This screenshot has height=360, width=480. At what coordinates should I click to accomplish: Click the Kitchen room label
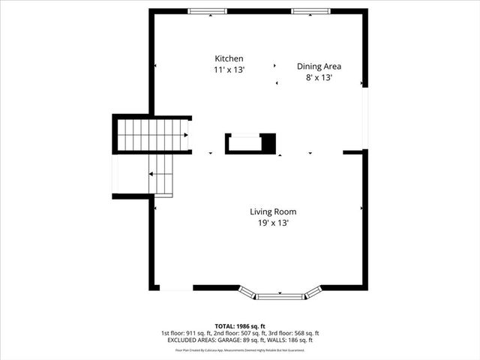(229, 58)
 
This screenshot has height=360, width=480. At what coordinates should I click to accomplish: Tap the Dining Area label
(319, 66)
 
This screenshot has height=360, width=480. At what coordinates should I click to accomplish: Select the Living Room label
(269, 211)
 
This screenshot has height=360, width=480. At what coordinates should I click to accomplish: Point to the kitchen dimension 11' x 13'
(229, 70)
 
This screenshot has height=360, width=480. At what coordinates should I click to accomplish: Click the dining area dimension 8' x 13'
(319, 77)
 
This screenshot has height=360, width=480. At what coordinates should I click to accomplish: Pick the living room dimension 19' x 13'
(269, 223)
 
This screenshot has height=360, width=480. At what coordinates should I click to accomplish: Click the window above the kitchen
(208, 11)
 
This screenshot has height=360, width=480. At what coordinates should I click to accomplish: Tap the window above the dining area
(313, 11)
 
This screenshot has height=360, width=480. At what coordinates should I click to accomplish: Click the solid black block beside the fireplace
(268, 142)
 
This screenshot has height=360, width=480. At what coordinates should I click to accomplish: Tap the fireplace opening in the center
(244, 142)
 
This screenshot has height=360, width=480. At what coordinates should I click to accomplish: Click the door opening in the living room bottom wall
(176, 288)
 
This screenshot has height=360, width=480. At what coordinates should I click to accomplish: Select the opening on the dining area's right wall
(365, 118)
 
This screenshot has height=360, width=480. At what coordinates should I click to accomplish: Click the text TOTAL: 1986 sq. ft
(240, 326)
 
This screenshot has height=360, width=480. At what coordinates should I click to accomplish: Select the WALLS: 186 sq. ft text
(289, 340)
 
